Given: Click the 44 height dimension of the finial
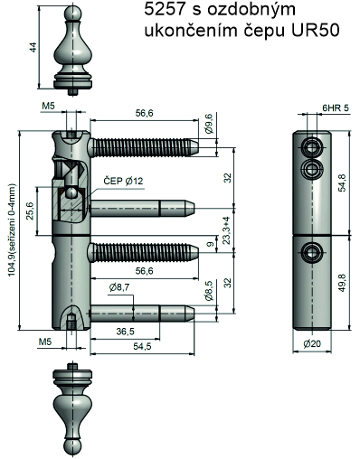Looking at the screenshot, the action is [x=33, y=47].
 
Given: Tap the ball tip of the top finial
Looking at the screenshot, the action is [x=73, y=14].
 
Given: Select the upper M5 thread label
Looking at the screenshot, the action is [x=48, y=107].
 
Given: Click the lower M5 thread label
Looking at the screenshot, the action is [x=45, y=342].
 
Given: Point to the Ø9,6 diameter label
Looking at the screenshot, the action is [x=209, y=124].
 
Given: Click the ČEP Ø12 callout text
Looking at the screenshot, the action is [x=123, y=181].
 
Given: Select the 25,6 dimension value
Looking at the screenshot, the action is [x=30, y=211].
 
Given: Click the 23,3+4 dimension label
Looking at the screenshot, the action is [x=227, y=230].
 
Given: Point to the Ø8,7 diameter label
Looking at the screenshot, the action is [x=119, y=287].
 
